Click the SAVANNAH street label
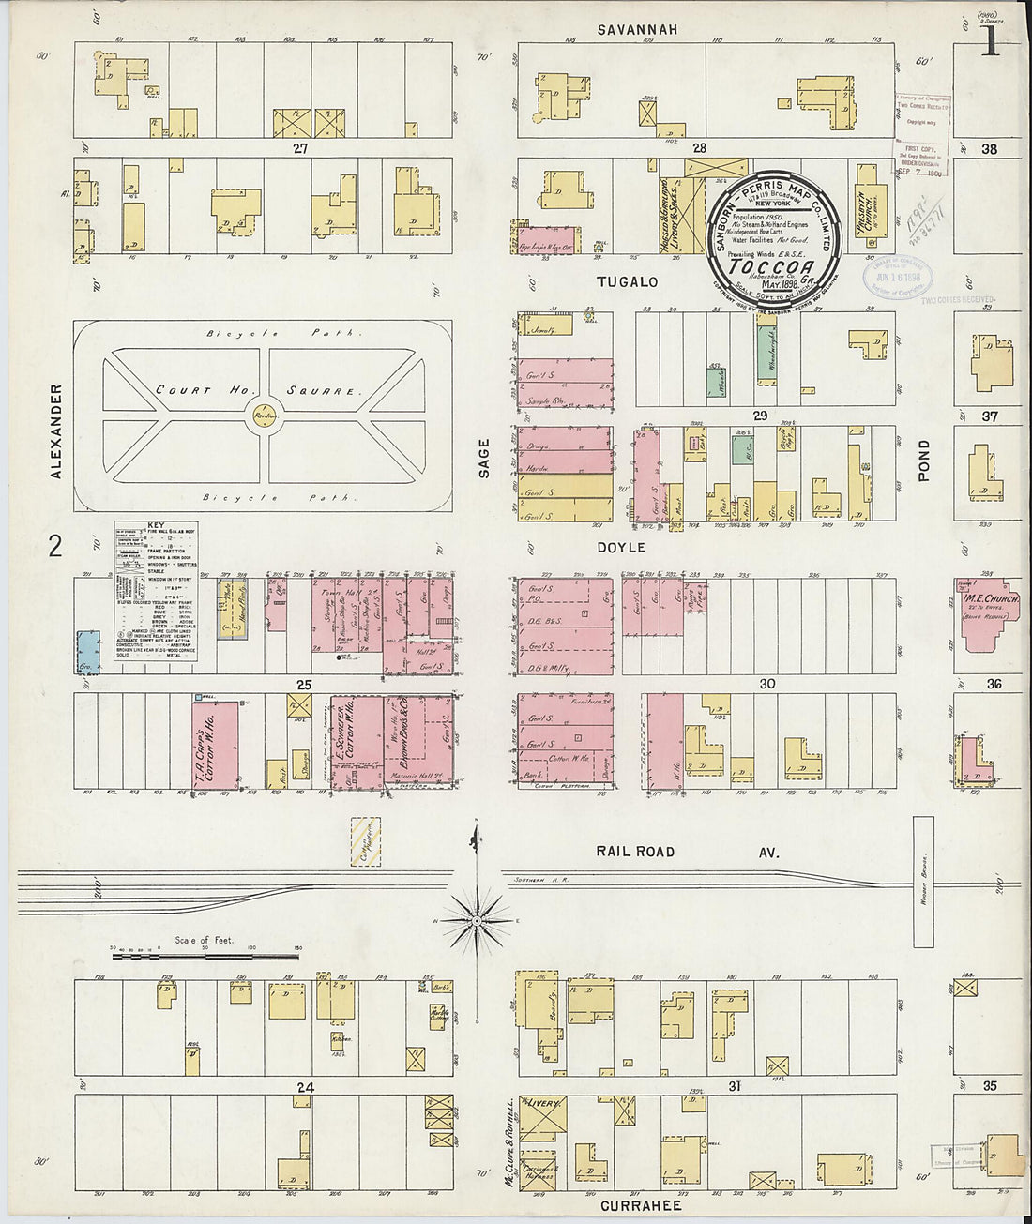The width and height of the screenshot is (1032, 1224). (x=637, y=30)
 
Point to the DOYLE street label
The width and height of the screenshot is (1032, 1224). (x=620, y=547)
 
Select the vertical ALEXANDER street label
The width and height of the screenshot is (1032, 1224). (x=55, y=431)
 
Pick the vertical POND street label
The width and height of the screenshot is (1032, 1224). (x=924, y=461)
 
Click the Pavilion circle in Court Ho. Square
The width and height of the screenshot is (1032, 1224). (x=262, y=414)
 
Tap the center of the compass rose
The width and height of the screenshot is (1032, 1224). (x=477, y=920)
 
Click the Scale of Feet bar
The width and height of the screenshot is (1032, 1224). (x=205, y=958)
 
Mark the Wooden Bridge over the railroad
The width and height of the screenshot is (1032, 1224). (x=923, y=882)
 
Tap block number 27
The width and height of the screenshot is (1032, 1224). (x=299, y=148)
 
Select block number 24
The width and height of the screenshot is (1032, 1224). (x=304, y=1088)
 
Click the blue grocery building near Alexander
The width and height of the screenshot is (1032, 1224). (x=88, y=652)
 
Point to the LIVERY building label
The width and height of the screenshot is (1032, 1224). (x=543, y=1104)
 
